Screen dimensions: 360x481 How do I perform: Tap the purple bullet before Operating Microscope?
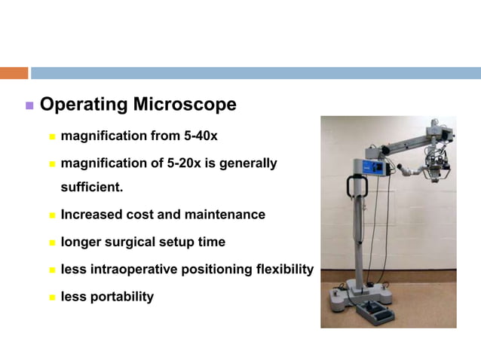pos(29,105)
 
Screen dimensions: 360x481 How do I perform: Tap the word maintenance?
pos(225,215)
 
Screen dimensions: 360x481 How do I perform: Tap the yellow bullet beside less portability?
pos(53,297)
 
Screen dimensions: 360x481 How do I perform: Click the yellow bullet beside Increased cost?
pos(53,215)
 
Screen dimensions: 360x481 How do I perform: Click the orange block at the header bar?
pos(14,73)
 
